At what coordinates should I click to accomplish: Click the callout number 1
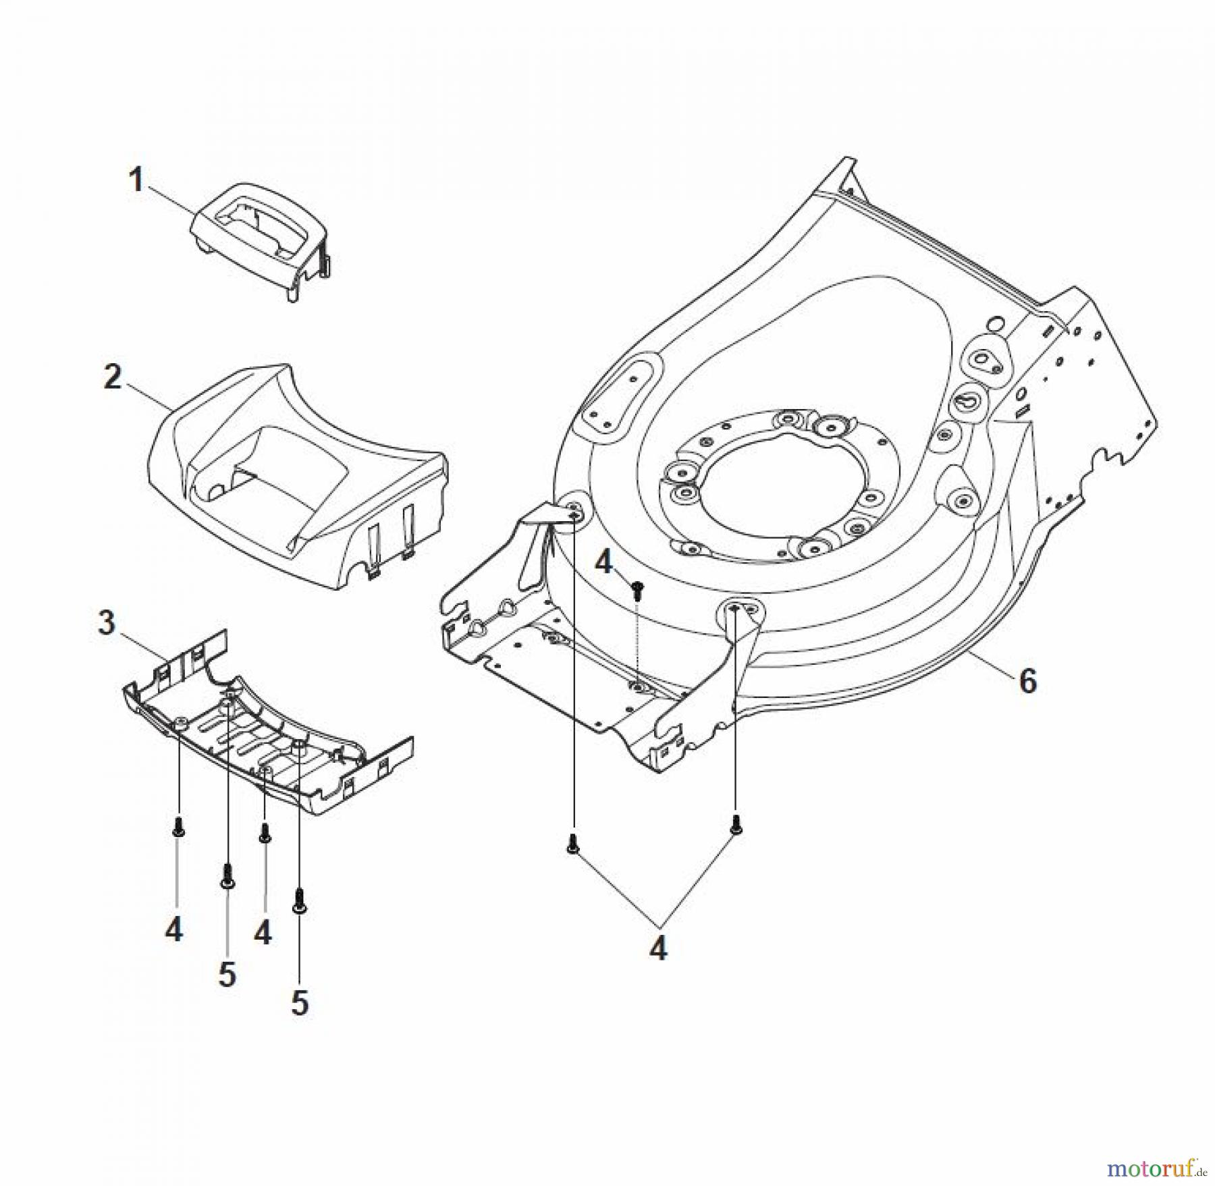[136, 180]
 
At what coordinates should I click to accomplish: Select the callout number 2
[113, 377]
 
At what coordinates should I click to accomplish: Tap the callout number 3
[107, 623]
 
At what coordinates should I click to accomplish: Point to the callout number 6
[1027, 682]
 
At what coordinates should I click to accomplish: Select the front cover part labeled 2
[297, 473]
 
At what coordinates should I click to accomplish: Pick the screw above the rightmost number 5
[299, 900]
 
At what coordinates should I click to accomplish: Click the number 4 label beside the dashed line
[603, 562]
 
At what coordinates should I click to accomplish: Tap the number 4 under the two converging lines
[658, 948]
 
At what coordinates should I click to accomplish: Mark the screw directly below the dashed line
[636, 592]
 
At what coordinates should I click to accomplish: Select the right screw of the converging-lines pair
[735, 826]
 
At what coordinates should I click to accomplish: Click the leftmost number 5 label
[227, 974]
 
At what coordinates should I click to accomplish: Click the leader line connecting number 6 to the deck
[992, 665]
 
